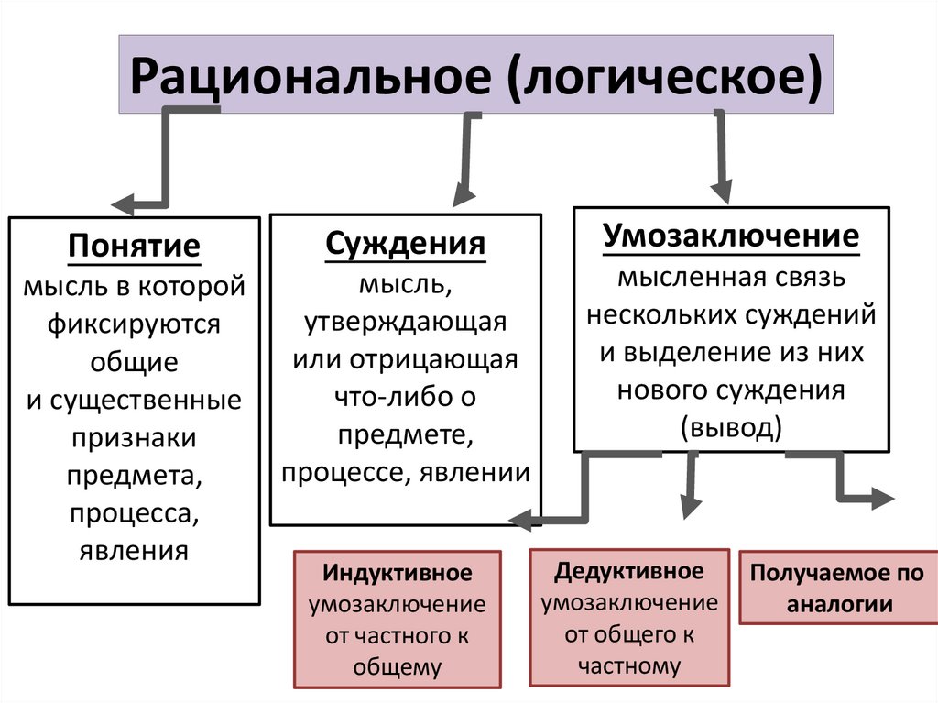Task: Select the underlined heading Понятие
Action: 134,247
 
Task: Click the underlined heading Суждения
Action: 405,245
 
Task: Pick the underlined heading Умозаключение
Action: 731,236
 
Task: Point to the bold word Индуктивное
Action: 397,573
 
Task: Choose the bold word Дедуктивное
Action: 629,571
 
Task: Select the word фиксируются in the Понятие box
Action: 134,324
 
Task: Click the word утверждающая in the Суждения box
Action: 405,323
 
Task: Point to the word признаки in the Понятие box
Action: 134,437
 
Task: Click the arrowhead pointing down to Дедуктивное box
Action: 689,507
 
